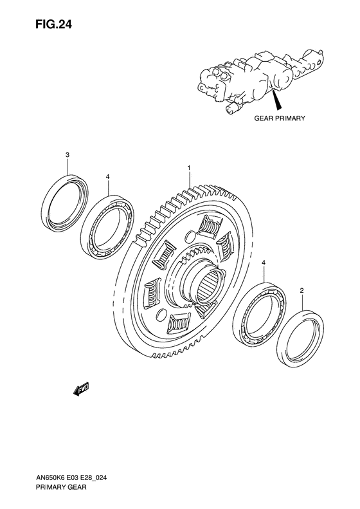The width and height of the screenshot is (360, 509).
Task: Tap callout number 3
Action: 67,155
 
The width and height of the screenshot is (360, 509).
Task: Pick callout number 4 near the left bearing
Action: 108,176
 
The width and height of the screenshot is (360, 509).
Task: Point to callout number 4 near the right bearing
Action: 263,264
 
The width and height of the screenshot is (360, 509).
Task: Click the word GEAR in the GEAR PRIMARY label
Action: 265,119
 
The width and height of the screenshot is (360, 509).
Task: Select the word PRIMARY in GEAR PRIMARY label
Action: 291,119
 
